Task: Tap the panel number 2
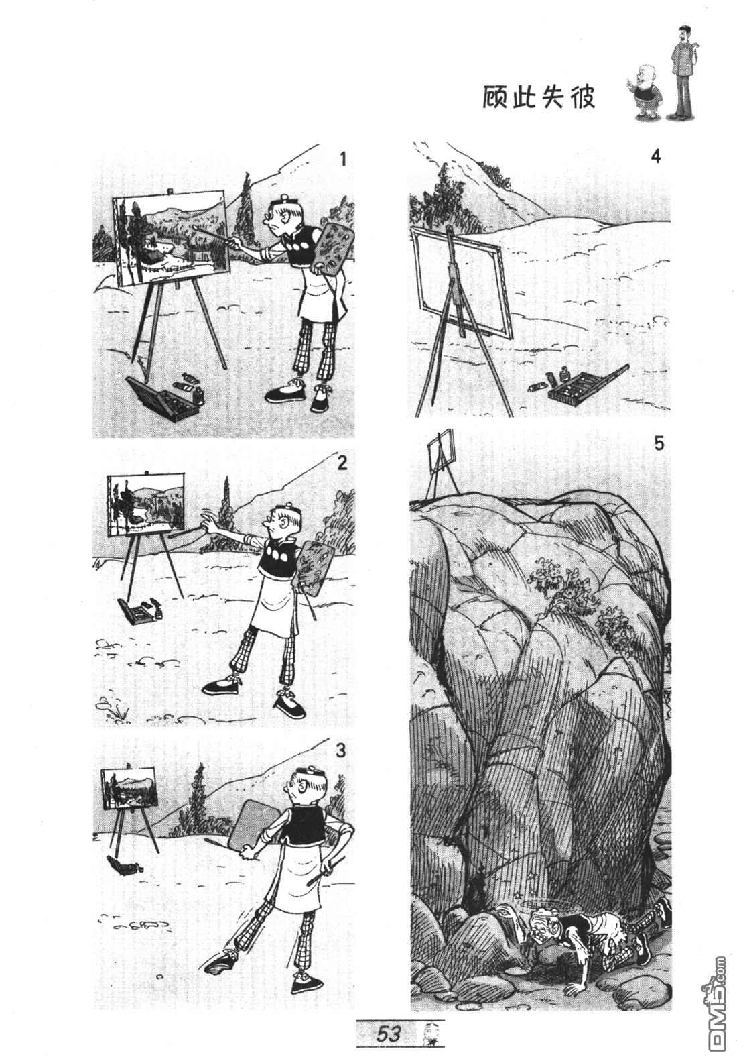tap(342, 463)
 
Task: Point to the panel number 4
tap(655, 156)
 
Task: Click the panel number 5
tap(659, 444)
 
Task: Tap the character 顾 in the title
tap(496, 98)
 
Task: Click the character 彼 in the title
tap(582, 98)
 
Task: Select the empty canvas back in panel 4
tap(462, 282)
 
